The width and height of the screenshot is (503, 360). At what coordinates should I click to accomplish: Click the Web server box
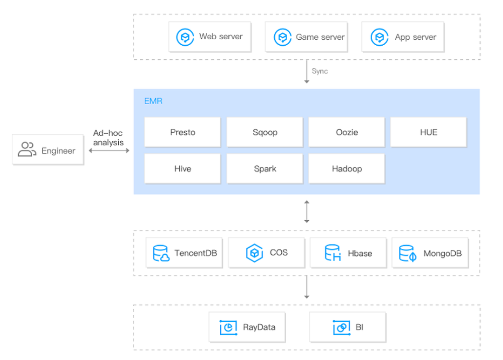pyautogui.click(x=209, y=37)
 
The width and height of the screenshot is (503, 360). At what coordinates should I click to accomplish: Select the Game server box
pyautogui.click(x=306, y=37)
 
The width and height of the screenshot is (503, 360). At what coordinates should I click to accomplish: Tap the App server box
pyautogui.click(x=402, y=37)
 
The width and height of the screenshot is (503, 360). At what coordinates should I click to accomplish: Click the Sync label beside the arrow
pyautogui.click(x=319, y=71)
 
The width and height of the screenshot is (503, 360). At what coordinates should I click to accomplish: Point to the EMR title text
pyautogui.click(x=153, y=102)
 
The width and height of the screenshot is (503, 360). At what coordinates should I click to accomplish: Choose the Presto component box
pyautogui.click(x=182, y=132)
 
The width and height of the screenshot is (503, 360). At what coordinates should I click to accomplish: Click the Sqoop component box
pyautogui.click(x=265, y=132)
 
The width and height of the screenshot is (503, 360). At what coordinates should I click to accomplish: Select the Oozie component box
pyautogui.click(x=347, y=132)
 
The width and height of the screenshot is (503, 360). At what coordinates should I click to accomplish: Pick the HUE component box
pyautogui.click(x=429, y=132)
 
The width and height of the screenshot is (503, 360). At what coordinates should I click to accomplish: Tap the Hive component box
pyautogui.click(x=182, y=168)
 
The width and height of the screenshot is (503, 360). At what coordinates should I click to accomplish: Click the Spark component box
pyautogui.click(x=265, y=168)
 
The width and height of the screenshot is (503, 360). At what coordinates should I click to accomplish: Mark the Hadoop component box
pyautogui.click(x=347, y=168)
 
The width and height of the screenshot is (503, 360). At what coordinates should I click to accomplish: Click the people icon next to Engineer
pyautogui.click(x=27, y=150)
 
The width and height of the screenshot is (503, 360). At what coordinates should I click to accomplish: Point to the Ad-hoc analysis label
pyautogui.click(x=108, y=138)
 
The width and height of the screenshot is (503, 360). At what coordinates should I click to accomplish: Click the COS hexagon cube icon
pyautogui.click(x=255, y=252)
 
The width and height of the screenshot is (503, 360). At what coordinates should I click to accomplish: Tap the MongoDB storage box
pyautogui.click(x=430, y=253)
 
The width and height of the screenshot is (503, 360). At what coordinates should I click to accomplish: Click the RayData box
pyautogui.click(x=247, y=327)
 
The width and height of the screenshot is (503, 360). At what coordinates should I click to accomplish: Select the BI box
pyautogui.click(x=347, y=327)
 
